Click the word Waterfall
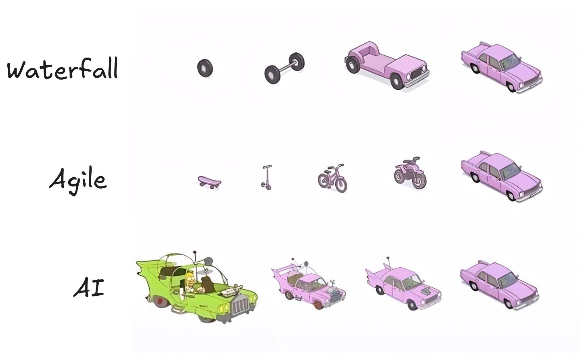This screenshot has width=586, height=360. [62, 68]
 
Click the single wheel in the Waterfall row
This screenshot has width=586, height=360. [205, 68]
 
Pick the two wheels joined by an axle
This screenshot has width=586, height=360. [284, 68]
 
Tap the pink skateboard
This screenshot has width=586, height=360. [209, 182]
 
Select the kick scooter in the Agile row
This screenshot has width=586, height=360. [267, 177]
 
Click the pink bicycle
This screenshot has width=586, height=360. [332, 179]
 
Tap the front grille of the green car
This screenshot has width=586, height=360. [240, 306]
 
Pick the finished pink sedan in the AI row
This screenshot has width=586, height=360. [499, 285]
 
